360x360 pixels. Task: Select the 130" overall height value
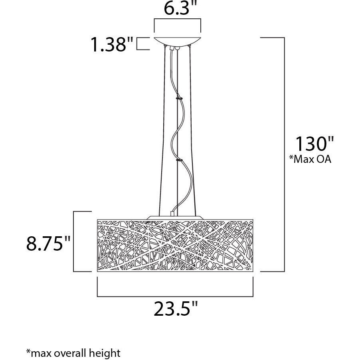coord(314,144)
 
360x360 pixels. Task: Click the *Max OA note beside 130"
coord(310,159)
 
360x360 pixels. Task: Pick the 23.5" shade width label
coord(175,309)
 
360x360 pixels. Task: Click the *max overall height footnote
coord(73,353)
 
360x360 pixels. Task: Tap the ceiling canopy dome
coord(178,42)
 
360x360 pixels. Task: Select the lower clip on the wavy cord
coord(178,160)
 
